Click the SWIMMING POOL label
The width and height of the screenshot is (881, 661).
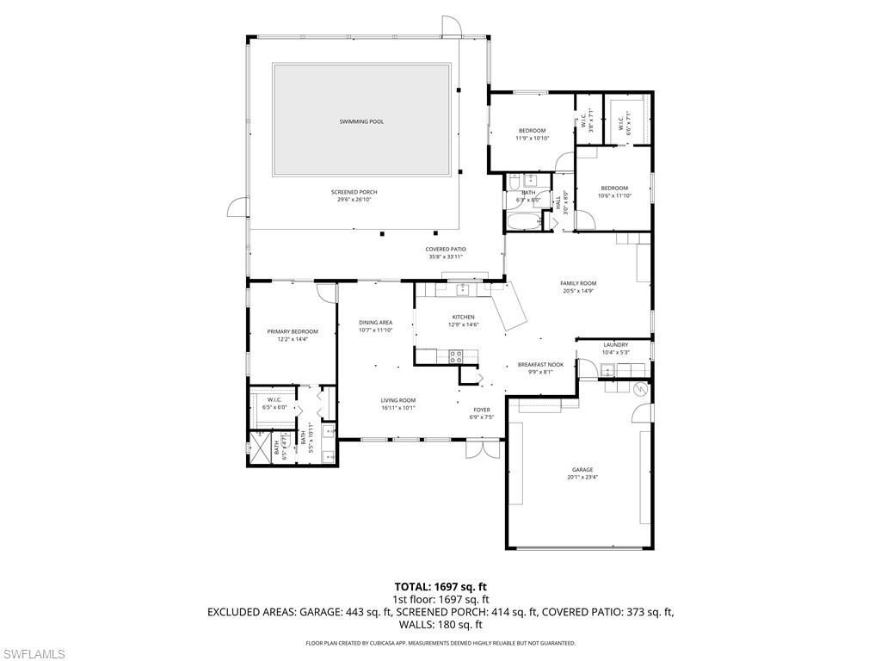coord(361,121)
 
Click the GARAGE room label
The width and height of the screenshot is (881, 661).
coord(581,470)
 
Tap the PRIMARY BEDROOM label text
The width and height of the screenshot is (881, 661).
coord(293,331)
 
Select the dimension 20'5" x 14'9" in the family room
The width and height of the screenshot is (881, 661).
coord(578,291)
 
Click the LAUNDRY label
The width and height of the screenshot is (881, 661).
coord(615,345)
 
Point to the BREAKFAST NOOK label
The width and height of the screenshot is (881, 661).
coord(540,365)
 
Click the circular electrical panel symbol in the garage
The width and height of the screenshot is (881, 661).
coord(639,390)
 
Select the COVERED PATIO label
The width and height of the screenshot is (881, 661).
coord(446,249)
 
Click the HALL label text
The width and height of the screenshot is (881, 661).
coord(558,204)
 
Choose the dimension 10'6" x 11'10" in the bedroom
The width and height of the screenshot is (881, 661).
coord(614,195)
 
